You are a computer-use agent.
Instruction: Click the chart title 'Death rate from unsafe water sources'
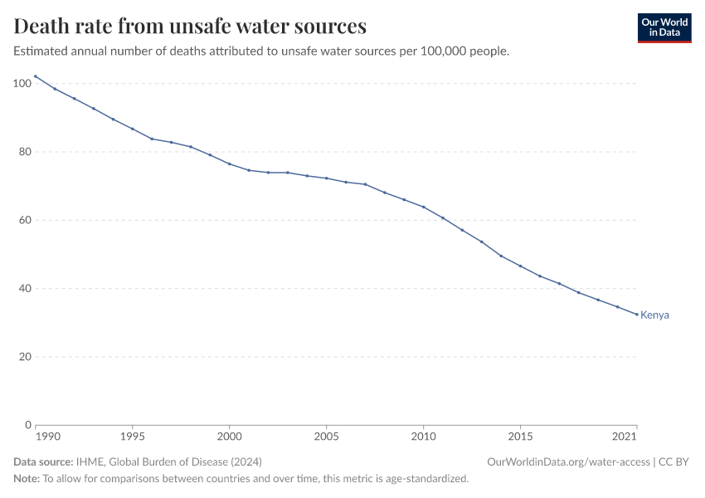pos(190,27)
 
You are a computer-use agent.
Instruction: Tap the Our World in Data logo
pos(664,27)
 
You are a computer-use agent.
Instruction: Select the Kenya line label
pos(654,315)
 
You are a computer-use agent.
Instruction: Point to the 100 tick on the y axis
pos(22,83)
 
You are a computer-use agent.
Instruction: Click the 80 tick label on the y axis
pos(25,152)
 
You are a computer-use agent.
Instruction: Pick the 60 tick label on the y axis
pos(25,220)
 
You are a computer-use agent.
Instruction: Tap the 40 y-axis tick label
pos(25,289)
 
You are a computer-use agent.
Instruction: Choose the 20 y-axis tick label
pos(25,357)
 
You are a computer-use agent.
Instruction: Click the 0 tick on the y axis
pos(27,425)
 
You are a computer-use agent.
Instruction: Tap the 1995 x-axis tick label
pos(132,436)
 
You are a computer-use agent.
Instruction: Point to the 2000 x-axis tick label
pos(229,436)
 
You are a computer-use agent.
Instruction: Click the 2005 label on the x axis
pos(326,436)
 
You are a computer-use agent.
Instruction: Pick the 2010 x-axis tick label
pos(423,436)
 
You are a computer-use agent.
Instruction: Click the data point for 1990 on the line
pos(36,76)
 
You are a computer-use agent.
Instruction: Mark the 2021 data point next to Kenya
pos(637,315)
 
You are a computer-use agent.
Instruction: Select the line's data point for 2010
pos(424,207)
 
